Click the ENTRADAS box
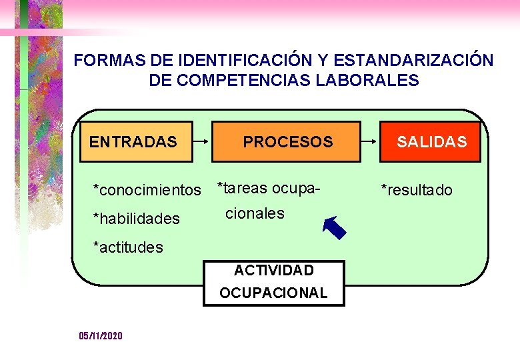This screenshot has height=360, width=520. tap(136, 142)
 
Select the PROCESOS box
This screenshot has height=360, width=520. tap(286, 142)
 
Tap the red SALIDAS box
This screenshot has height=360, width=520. tap(430, 142)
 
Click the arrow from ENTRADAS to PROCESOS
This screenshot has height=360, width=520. tap(202, 142)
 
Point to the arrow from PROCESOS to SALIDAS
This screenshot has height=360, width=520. tap(370, 142)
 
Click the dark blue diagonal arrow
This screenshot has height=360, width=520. tap(334, 227)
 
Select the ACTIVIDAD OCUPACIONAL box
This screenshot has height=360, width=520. tap(273, 282)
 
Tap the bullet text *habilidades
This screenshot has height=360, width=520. tap(136, 219)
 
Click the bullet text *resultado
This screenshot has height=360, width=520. tap(416, 191)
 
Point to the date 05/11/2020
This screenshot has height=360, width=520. tap(101, 336)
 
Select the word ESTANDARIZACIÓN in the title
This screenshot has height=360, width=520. tap(413, 61)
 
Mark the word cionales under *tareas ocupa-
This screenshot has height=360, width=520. tap(255, 213)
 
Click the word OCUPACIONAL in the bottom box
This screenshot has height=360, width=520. tap(273, 293)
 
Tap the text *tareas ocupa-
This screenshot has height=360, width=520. tap(269, 188)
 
